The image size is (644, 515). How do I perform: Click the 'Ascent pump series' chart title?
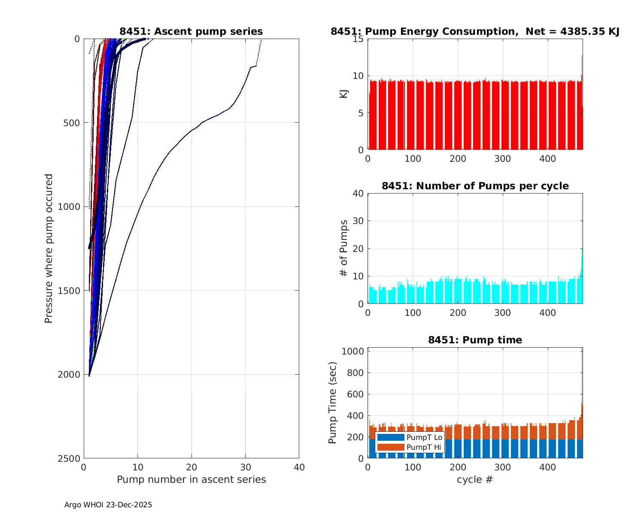pos(191,31)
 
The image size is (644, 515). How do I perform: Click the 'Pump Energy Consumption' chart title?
pos(475,31)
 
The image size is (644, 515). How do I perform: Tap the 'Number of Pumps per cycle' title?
pos(475,186)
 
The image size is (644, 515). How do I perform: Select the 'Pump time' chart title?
pos(475,340)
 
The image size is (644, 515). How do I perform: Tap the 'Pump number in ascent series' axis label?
pos(191,479)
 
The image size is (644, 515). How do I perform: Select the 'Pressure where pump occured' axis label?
pos(49,248)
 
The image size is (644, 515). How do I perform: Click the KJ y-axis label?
pos(343,94)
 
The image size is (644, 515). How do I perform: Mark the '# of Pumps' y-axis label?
pos(343,248)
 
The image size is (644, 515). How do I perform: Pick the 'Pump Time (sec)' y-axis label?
pos(332,403)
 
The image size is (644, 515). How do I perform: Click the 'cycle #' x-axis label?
pos(475,479)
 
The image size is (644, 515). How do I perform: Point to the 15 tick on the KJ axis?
pos(358,39)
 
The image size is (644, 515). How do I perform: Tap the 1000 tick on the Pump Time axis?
pos(353,351)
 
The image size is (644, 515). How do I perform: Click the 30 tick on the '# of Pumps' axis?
pos(358,221)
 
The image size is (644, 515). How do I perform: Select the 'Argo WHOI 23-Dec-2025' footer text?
pos(108,505)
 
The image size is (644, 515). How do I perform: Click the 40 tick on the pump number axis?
pos(299,467)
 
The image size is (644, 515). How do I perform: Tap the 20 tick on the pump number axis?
pos(191,467)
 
